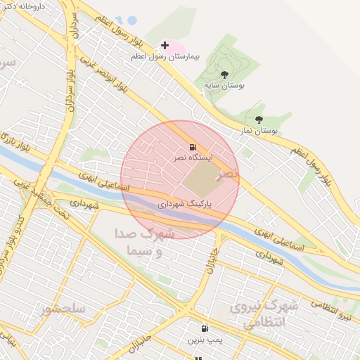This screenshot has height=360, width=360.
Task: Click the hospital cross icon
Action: pos(165,46)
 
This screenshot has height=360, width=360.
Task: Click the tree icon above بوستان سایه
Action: pos(224,74)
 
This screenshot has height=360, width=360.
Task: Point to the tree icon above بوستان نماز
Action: pos(259,120)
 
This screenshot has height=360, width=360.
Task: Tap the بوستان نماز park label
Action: pos(261,130)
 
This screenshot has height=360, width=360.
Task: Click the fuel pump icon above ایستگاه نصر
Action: pos(192,148)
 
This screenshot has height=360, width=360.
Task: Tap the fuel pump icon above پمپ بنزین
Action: pos(205,328)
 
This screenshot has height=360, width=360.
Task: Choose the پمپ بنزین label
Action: pos(205,340)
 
